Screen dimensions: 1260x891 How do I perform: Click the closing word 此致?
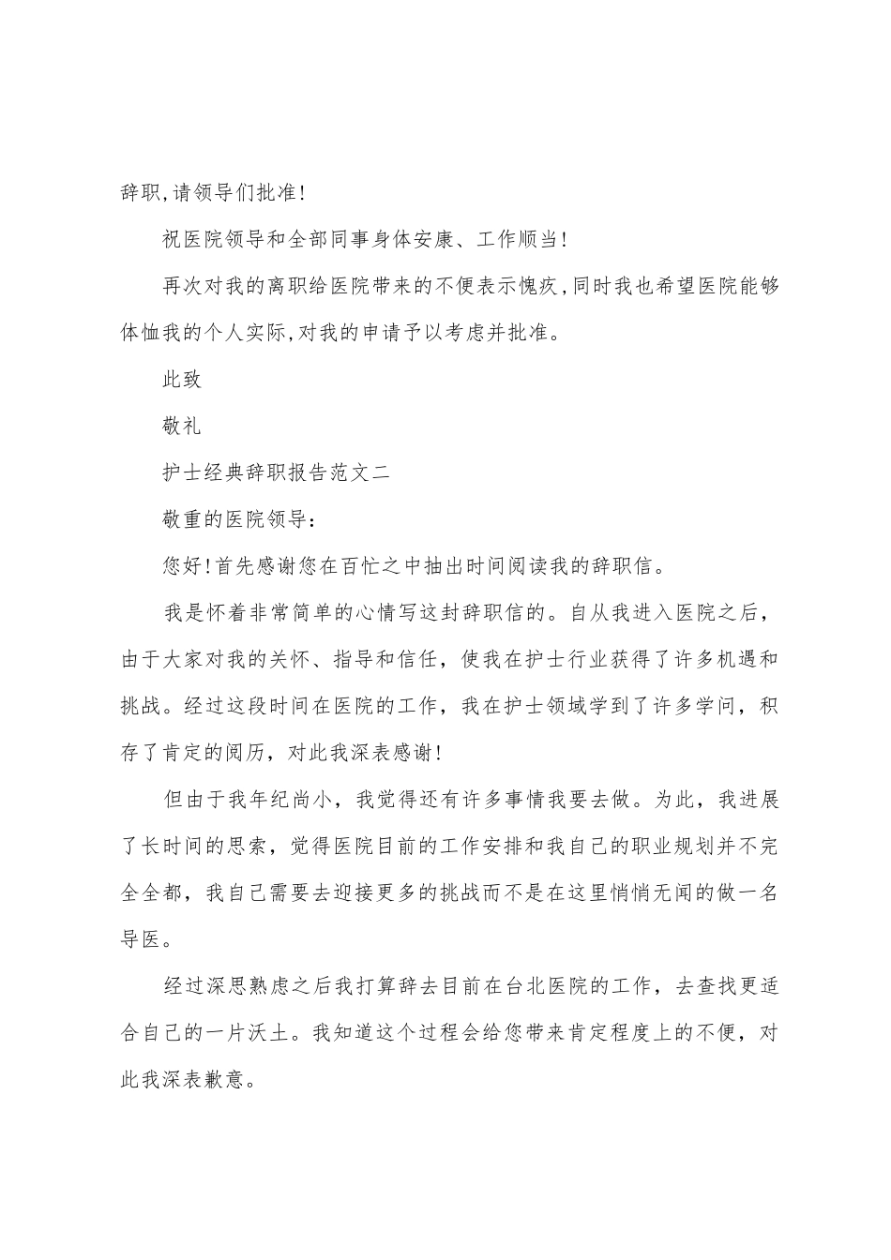(182, 380)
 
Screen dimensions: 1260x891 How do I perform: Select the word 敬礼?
(182, 427)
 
